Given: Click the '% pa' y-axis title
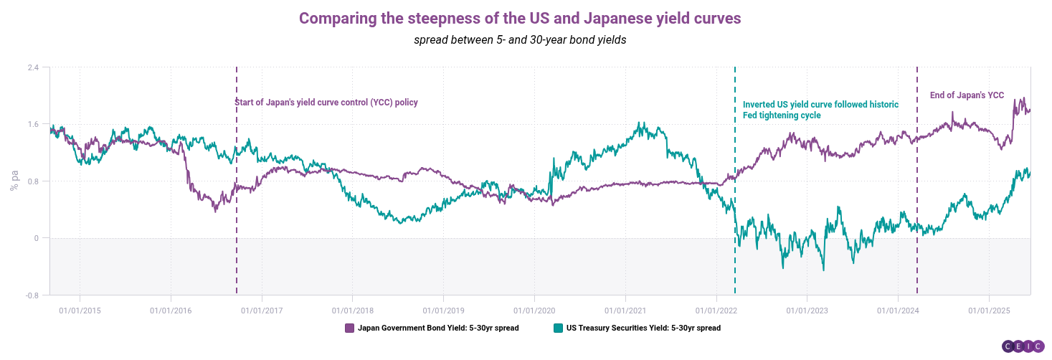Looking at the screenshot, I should click(x=14, y=180).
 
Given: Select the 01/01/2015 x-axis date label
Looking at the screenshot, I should click(x=80, y=311).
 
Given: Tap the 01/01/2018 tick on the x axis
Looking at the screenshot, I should click(x=352, y=311).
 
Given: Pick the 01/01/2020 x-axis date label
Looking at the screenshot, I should click(x=534, y=311).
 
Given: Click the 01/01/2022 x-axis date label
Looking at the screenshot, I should click(x=716, y=311).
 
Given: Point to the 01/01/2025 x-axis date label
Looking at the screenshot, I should click(x=990, y=311).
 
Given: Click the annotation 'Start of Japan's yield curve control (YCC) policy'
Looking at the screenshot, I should click(x=326, y=103).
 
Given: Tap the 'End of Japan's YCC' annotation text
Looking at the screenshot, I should click(x=967, y=95).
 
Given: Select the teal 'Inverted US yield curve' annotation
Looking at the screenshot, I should click(x=820, y=110).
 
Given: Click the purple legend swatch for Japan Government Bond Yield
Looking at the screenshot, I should click(x=350, y=328).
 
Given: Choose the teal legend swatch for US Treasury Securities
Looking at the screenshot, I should click(x=558, y=328).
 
